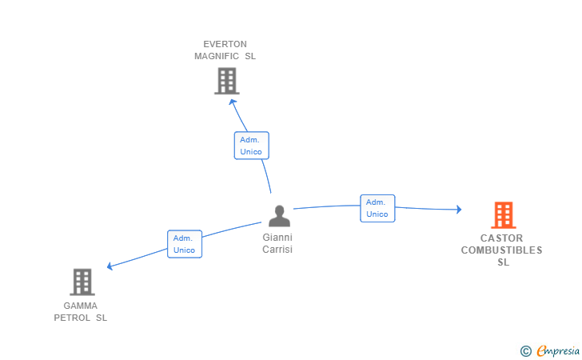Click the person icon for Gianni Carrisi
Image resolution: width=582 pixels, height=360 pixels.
point(279,216)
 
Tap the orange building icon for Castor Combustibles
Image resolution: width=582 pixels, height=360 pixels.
point(504,214)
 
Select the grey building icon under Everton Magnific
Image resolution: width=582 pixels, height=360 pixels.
point(227,81)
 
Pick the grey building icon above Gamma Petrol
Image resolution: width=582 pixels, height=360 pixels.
point(82,282)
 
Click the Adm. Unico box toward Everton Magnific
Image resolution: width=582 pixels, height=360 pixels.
point(251,146)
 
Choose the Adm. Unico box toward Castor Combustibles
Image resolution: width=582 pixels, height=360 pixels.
point(377,209)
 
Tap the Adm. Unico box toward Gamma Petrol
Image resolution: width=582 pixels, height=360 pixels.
point(185,244)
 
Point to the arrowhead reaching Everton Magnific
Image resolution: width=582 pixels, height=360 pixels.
point(233,102)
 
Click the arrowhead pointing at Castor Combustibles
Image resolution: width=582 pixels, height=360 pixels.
point(459,210)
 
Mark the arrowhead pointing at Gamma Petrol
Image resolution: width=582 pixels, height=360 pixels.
point(110,266)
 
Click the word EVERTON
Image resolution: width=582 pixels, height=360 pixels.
point(225,44)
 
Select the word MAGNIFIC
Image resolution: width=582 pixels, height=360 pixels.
point(217,56)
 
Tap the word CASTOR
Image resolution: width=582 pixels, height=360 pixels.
point(501,238)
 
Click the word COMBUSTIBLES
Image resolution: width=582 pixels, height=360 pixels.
point(501,250)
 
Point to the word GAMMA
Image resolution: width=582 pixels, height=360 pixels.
point(80,306)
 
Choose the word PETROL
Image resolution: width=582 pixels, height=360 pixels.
point(72,318)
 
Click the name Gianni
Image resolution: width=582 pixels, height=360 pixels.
point(277,237)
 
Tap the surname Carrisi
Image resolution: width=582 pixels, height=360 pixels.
point(277,249)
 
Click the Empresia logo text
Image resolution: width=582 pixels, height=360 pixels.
point(558,350)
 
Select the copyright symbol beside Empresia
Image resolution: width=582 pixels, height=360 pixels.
point(525,351)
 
